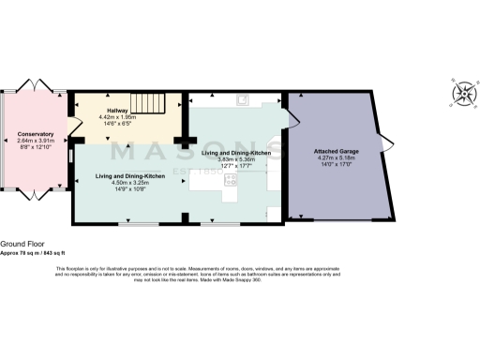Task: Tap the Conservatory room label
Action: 37,134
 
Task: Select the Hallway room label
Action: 117,110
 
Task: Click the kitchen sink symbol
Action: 242,102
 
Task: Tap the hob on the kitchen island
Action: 229,184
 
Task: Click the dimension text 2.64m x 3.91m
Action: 37,141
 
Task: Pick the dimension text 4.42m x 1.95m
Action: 117,117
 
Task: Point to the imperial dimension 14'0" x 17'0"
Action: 337,165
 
